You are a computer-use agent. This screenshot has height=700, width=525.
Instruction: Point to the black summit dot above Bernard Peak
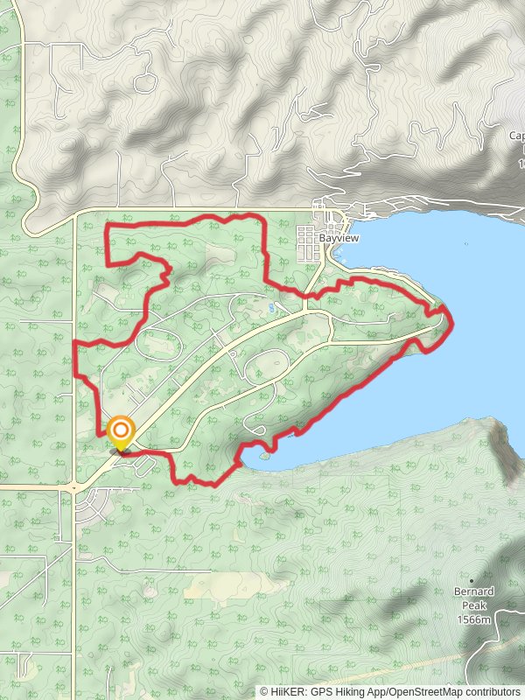472,580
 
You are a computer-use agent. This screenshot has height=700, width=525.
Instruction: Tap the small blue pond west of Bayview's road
273,308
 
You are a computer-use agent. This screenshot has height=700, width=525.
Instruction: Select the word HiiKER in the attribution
286,691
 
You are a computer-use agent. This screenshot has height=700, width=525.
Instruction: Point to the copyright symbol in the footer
263,691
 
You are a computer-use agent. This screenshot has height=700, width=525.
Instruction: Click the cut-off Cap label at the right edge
516,136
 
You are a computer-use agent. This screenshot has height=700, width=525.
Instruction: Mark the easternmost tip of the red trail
451,319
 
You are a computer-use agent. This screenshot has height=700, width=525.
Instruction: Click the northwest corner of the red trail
108,227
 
